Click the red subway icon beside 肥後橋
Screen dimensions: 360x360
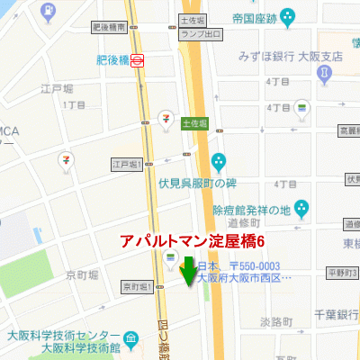click(138, 60)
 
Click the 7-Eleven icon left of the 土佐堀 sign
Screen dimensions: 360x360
click(166, 119)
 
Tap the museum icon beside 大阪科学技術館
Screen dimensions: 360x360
click(132, 339)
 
